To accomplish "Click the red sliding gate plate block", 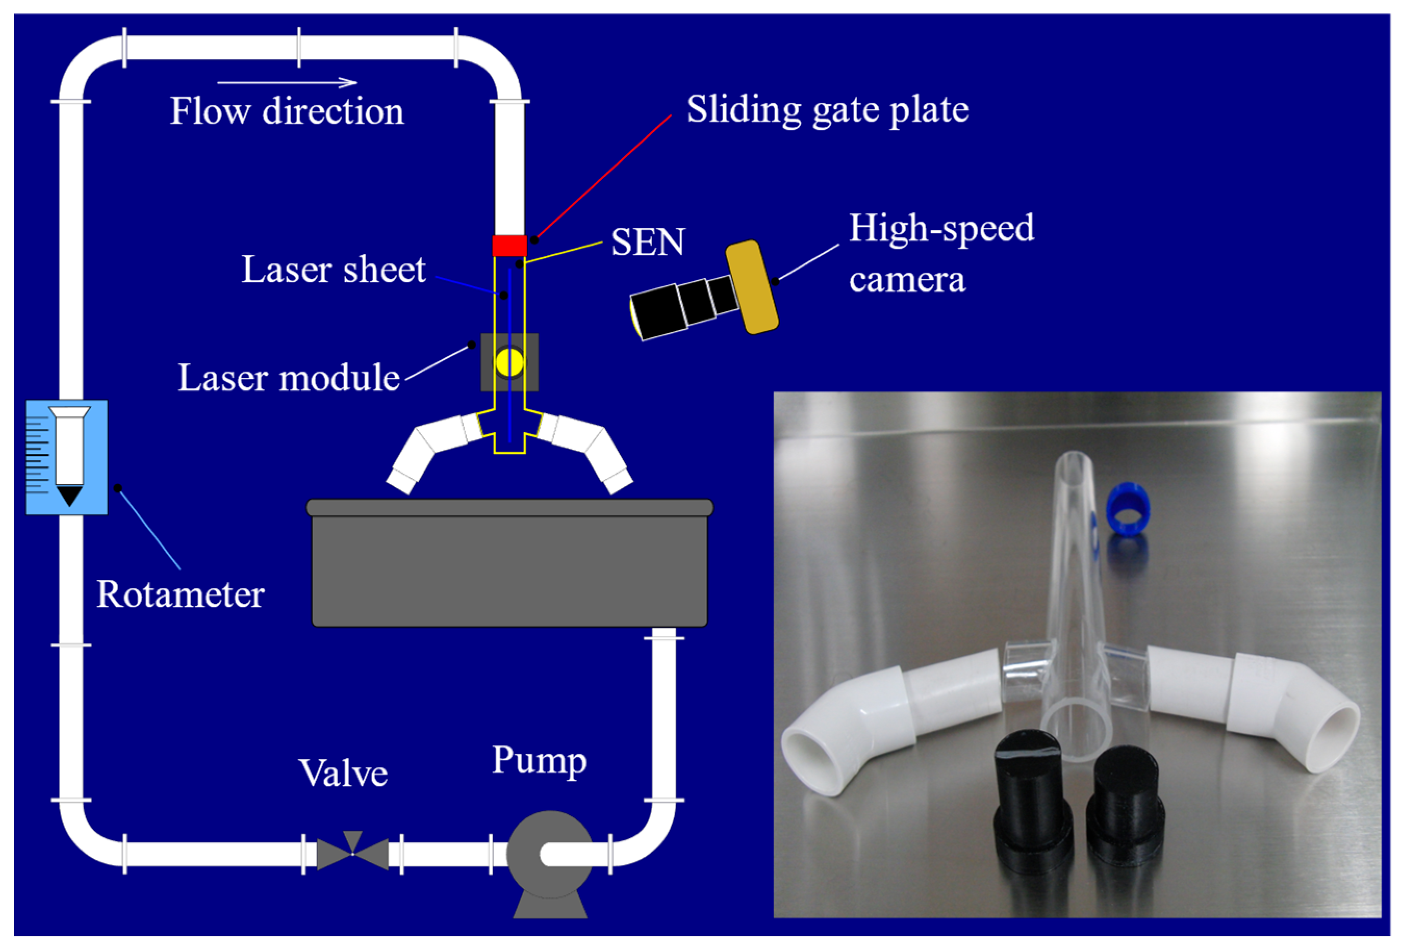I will pyautogui.click(x=509, y=246).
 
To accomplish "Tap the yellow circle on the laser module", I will pyautogui.click(x=509, y=362).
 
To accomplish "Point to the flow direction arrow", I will pyautogui.click(x=287, y=83).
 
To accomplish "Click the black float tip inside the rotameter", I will pyautogui.click(x=69, y=496).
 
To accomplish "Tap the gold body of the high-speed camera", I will pyautogui.click(x=751, y=287).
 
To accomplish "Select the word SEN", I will pyautogui.click(x=648, y=242).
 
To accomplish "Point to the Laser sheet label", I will pyautogui.click(x=334, y=269).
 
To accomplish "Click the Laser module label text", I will pyautogui.click(x=288, y=378).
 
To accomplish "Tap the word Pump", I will pyautogui.click(x=539, y=761).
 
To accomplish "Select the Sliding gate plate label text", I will pyautogui.click(x=827, y=110).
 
